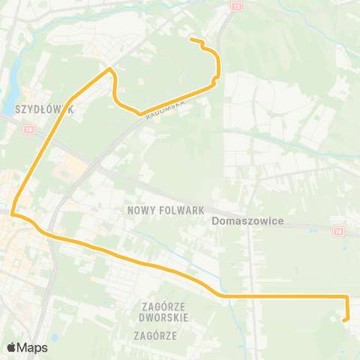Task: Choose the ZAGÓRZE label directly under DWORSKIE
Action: [x=155, y=335]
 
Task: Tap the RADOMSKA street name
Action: [x=166, y=106]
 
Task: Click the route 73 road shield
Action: [x=238, y=6]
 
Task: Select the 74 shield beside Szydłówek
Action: [x=29, y=129]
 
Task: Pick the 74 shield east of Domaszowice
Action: [x=338, y=231]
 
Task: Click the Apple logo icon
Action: [x=11, y=347]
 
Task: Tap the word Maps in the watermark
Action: [x=32, y=347]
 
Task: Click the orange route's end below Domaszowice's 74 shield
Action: [x=344, y=320]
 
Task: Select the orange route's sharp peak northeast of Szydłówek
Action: [x=111, y=69]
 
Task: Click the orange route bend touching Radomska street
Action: [x=139, y=114]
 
